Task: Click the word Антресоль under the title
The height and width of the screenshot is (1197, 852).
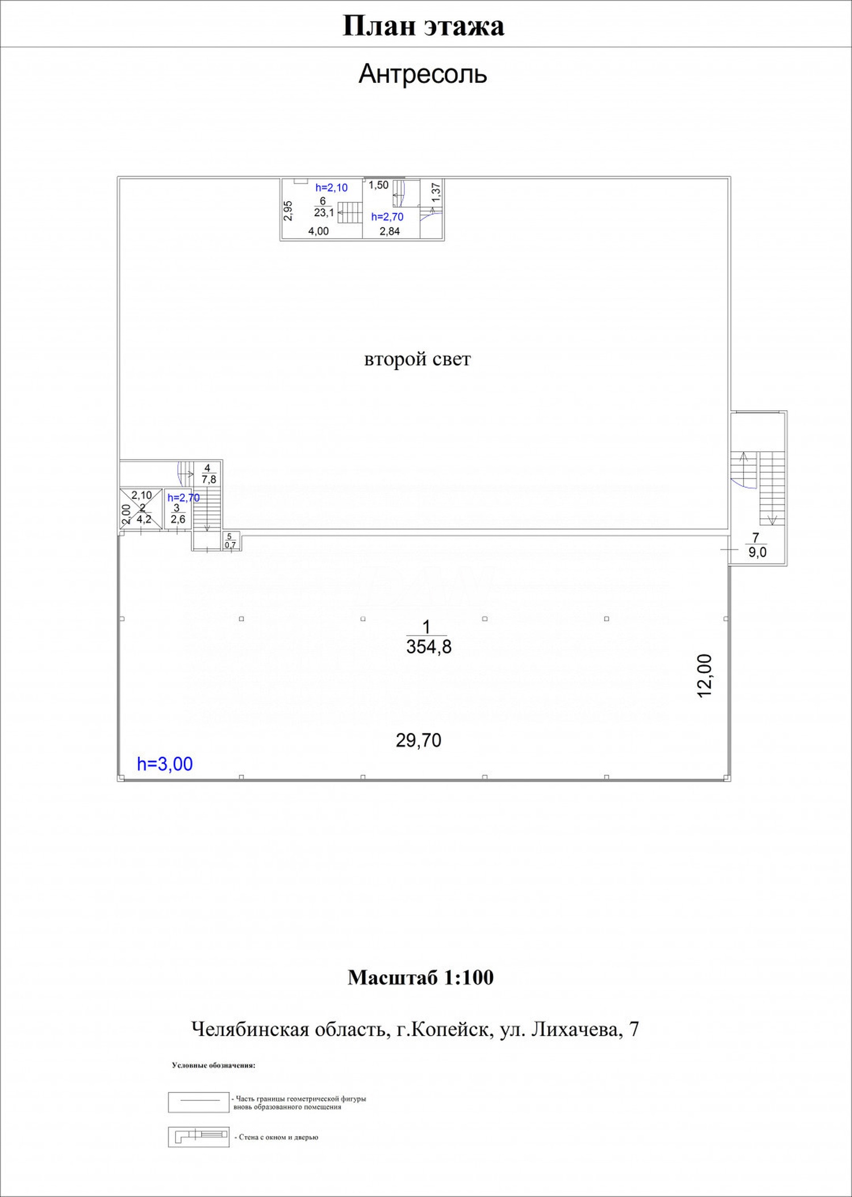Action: click(x=423, y=74)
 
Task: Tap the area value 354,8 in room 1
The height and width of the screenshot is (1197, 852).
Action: click(x=429, y=647)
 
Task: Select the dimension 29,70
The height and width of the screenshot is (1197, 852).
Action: click(x=419, y=740)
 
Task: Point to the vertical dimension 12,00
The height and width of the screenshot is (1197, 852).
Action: click(x=704, y=676)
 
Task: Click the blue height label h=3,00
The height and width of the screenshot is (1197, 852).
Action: click(x=165, y=764)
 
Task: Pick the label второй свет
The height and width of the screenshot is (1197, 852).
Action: click(x=417, y=360)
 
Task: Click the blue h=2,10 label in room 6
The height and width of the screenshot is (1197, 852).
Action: click(x=331, y=187)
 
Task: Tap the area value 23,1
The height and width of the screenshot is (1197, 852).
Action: click(x=324, y=213)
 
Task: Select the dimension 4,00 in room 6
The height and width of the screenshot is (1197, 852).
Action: click(x=318, y=231)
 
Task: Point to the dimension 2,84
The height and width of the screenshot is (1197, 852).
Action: click(x=390, y=231)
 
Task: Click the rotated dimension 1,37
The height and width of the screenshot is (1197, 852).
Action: click(x=436, y=192)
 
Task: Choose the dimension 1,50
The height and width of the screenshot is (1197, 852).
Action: click(x=378, y=185)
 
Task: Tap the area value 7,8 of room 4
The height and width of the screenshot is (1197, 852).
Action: click(x=208, y=479)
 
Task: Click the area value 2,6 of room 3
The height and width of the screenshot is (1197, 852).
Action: click(x=178, y=519)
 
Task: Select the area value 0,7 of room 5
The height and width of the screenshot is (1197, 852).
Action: click(x=230, y=545)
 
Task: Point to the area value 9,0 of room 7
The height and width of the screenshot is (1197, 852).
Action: click(x=757, y=552)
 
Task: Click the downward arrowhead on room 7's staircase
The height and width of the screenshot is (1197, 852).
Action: click(x=772, y=520)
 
